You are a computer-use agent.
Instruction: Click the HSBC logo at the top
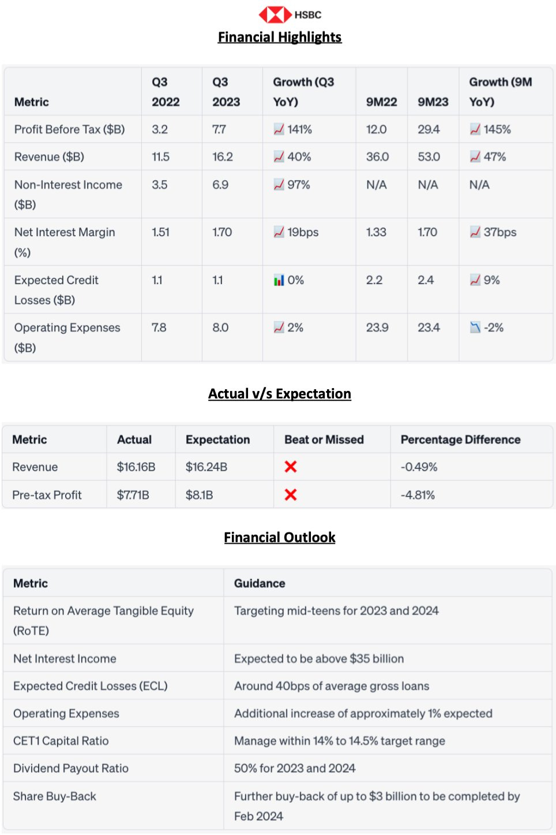tap(290, 14)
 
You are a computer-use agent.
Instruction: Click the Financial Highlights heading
tap(280, 37)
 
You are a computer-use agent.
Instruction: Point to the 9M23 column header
tap(433, 102)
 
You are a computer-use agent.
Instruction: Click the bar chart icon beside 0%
tap(279, 281)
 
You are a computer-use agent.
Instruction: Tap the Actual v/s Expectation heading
tap(280, 394)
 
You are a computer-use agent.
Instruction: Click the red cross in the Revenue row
tap(291, 467)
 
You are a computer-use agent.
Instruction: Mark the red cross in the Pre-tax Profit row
tap(291, 495)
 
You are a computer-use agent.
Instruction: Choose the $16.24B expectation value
tap(206, 467)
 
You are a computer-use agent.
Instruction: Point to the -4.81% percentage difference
tap(418, 495)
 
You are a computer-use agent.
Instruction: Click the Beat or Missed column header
tap(324, 439)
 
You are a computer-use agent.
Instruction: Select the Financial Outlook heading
tap(280, 538)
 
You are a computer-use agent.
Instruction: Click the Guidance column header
tap(260, 583)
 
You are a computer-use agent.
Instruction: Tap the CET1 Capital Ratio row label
tap(61, 741)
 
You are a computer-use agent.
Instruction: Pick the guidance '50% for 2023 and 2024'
tap(295, 768)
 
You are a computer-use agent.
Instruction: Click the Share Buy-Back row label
tap(55, 796)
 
